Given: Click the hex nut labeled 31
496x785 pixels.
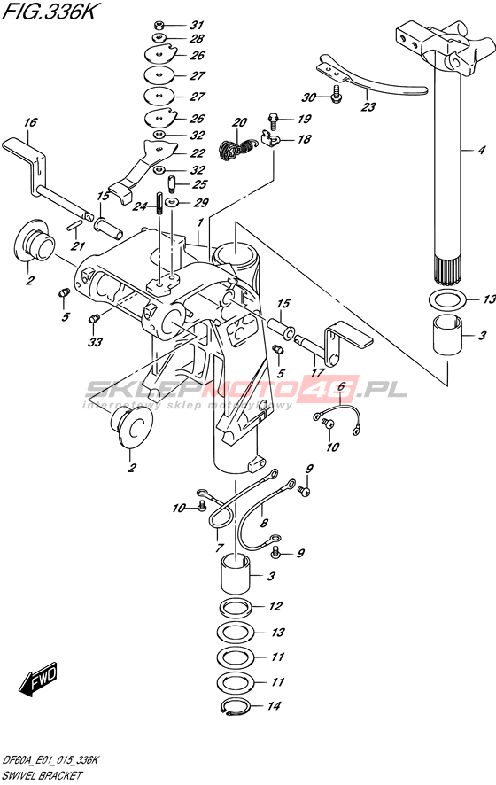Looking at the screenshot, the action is pyautogui.click(x=159, y=24).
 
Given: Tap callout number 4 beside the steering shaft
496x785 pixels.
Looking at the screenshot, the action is pyautogui.click(x=481, y=151).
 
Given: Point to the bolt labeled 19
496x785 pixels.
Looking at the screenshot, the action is pyautogui.click(x=273, y=121).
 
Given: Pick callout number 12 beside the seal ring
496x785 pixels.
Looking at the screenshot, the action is pyautogui.click(x=275, y=607).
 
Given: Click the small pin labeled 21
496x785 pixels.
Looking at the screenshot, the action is pyautogui.click(x=73, y=225).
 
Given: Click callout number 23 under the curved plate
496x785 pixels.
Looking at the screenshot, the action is pyautogui.click(x=368, y=106).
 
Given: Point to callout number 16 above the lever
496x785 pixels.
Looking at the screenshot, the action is pyautogui.click(x=30, y=123).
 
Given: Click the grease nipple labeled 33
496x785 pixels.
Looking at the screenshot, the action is pyautogui.click(x=94, y=318).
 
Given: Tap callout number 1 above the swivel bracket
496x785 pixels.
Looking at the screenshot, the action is pyautogui.click(x=199, y=222).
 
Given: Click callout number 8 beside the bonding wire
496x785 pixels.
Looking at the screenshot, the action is pyautogui.click(x=264, y=524).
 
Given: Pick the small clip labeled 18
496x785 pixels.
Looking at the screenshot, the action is pyautogui.click(x=270, y=139).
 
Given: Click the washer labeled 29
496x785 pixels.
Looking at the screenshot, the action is pyautogui.click(x=173, y=202).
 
